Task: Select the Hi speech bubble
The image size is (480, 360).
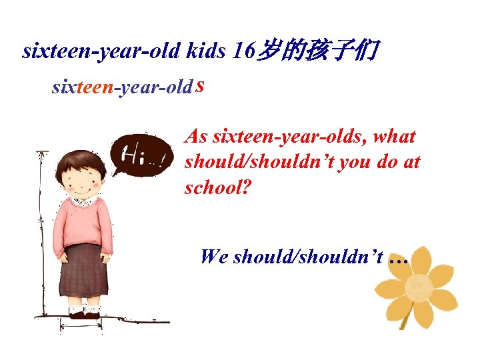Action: (x=141, y=157)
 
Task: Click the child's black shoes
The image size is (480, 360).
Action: (x=84, y=315)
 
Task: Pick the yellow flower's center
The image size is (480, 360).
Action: (x=419, y=288)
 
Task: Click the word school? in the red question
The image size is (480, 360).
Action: (x=217, y=188)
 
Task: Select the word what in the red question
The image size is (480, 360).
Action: (x=395, y=137)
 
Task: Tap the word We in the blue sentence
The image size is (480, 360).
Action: (x=213, y=256)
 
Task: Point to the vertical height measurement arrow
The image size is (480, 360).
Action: (x=42, y=233)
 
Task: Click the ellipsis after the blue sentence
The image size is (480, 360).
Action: (x=397, y=257)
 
